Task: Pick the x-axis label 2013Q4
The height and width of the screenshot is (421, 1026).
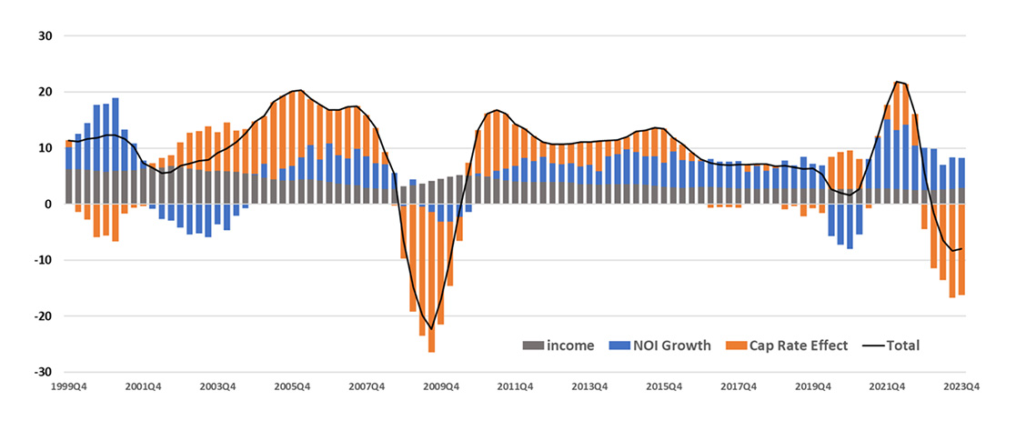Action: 590,386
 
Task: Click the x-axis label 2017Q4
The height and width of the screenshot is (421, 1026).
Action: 739,386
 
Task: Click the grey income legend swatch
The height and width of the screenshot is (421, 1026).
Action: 533,346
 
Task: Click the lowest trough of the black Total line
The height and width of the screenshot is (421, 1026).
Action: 431,328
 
